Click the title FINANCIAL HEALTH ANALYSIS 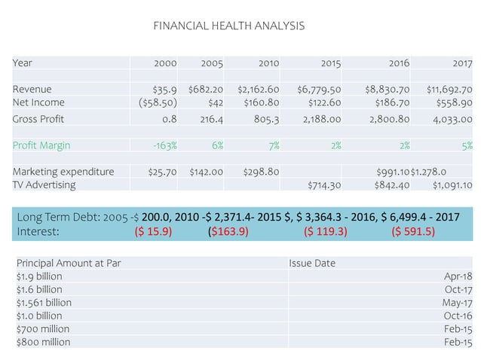(x=228, y=26)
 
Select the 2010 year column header (x=268, y=63)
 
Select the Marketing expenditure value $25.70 (x=161, y=172)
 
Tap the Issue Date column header (x=313, y=264)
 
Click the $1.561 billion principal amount (x=44, y=303)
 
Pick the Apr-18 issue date (x=458, y=276)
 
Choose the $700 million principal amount (x=42, y=329)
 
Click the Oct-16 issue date (x=458, y=316)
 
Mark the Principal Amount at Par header (x=68, y=264)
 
